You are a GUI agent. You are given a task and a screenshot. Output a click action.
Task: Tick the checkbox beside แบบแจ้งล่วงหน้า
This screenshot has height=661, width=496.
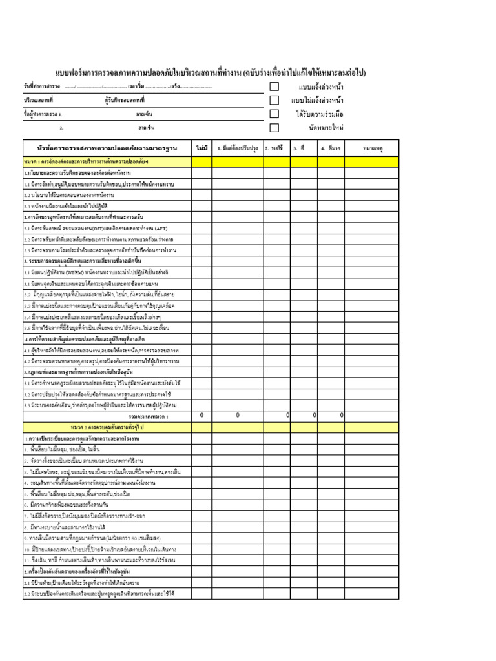(274, 86)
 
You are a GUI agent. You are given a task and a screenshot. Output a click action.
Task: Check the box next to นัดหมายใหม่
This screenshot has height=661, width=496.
(274, 127)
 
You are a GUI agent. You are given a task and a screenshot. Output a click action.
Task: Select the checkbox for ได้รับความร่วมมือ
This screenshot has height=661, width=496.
(274, 114)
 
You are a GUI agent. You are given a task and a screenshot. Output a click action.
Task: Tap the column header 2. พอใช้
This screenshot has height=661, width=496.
(276, 148)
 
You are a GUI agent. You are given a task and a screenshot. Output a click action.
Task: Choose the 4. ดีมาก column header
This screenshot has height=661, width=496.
(331, 148)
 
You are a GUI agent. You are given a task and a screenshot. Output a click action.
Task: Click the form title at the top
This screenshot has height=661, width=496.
(210, 72)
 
